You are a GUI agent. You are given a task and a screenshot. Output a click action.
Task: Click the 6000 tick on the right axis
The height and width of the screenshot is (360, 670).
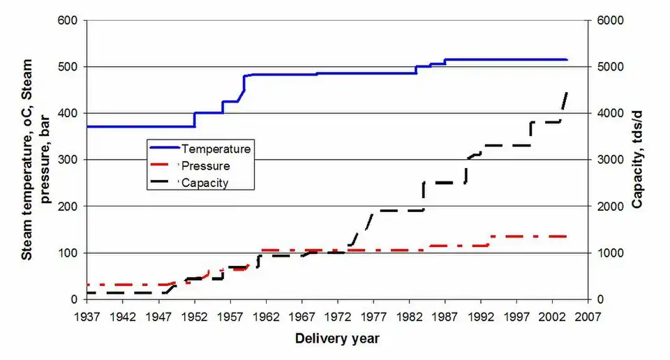tap(606, 20)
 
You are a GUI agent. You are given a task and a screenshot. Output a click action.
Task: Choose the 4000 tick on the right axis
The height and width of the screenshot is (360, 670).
tap(606, 114)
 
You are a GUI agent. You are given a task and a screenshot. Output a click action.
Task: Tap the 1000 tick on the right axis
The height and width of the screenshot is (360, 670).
tap(606, 253)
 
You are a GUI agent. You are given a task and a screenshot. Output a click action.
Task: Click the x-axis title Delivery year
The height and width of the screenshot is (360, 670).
tap(337, 339)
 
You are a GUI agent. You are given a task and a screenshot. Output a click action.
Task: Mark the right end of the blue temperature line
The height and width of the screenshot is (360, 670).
tap(567, 60)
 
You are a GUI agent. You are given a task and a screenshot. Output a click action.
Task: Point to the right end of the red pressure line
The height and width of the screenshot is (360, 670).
tap(566, 237)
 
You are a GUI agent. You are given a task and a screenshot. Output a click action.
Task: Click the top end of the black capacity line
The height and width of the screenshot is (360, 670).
tap(566, 93)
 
